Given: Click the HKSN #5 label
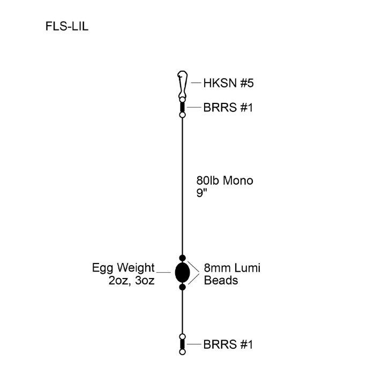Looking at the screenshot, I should [x=228, y=83].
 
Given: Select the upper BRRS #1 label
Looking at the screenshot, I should [x=228, y=108].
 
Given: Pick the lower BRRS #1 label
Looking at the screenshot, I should [x=228, y=345].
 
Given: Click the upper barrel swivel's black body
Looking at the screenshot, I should [x=182, y=107].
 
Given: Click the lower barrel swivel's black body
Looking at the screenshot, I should [x=182, y=344].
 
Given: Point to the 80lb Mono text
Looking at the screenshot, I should [x=225, y=181].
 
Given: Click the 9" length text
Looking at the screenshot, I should [x=202, y=193].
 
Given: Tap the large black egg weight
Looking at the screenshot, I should [x=182, y=273].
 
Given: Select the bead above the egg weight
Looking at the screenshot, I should [x=182, y=258].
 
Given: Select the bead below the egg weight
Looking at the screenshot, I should [x=182, y=287].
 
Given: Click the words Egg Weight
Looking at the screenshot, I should [x=123, y=267].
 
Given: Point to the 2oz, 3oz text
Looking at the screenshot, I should [x=131, y=280].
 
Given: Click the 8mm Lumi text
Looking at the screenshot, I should [x=232, y=267].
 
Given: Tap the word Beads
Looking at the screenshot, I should [x=221, y=280].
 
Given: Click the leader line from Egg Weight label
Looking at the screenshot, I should [x=163, y=273].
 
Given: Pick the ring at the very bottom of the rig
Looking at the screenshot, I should [x=182, y=352].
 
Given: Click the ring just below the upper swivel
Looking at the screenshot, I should [x=182, y=115].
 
